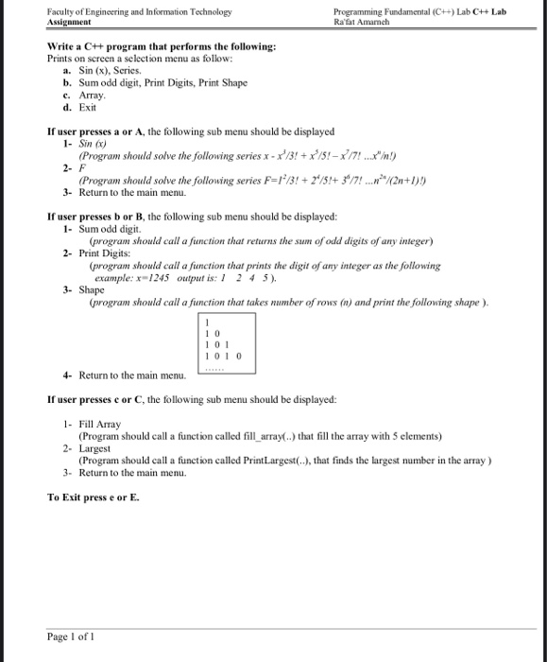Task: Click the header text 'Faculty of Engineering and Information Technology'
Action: click(139, 11)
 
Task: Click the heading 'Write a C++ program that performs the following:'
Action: click(162, 46)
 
